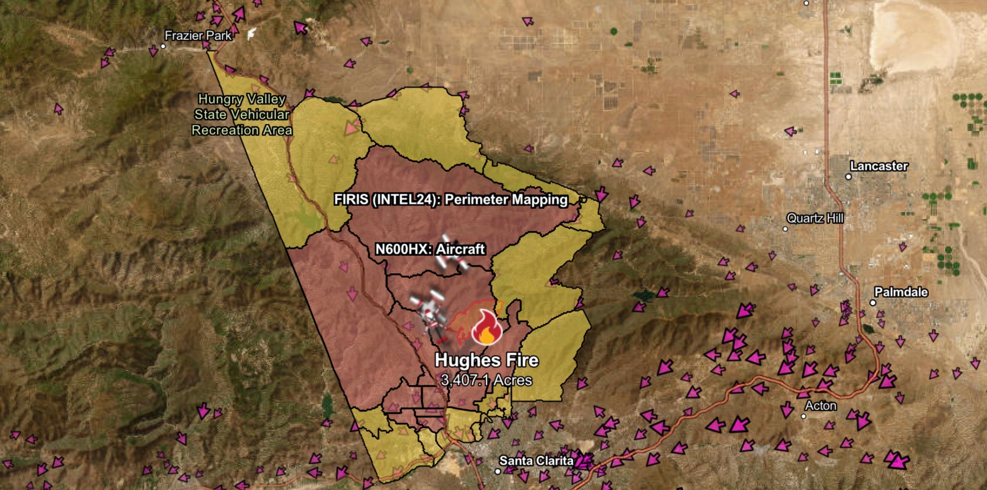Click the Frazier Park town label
198,36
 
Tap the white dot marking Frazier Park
163,46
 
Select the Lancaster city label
878,166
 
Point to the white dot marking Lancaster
848,177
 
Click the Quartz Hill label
815,218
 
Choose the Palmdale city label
901,292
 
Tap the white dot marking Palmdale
873,303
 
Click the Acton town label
820,406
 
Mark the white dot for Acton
803,416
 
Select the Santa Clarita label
536,461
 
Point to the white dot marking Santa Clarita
498,471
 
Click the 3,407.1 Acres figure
486,380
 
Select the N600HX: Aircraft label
430,249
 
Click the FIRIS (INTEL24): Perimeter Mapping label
451,199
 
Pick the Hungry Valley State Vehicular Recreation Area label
242,114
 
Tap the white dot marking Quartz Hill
785,229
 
